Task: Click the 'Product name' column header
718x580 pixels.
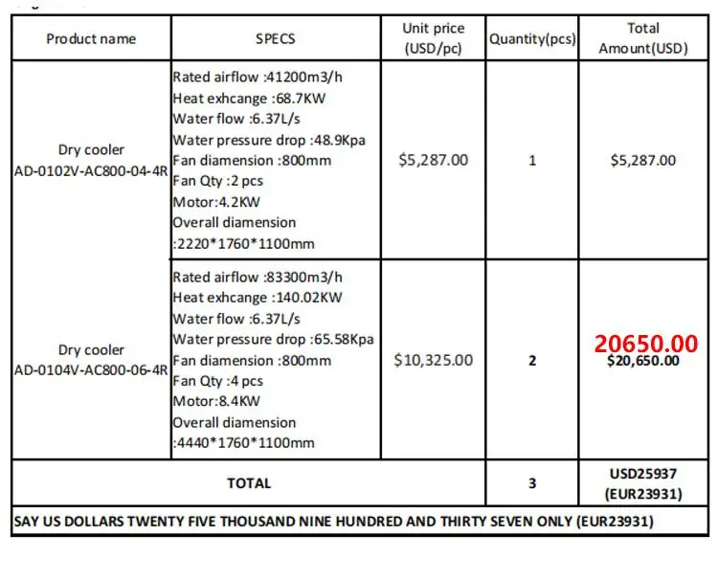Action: (x=91, y=39)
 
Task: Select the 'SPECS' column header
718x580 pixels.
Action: (x=276, y=39)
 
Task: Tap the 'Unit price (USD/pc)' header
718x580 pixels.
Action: (x=433, y=39)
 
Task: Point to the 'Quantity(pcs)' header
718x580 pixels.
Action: (x=532, y=39)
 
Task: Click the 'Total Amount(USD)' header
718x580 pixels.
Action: (x=643, y=39)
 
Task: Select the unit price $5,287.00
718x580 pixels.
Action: (x=433, y=160)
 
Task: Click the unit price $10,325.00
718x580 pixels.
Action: (x=433, y=361)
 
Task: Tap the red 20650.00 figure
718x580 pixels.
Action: (x=645, y=343)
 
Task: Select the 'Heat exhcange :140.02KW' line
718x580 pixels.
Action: (x=258, y=298)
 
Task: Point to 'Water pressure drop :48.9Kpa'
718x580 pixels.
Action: (x=269, y=140)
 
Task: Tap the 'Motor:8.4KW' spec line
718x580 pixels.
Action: (x=216, y=401)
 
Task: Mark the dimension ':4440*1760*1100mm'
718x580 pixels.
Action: (x=243, y=443)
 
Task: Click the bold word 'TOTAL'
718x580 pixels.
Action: (x=249, y=483)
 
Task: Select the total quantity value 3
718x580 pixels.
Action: (x=532, y=483)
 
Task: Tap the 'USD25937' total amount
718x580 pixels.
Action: (x=643, y=474)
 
